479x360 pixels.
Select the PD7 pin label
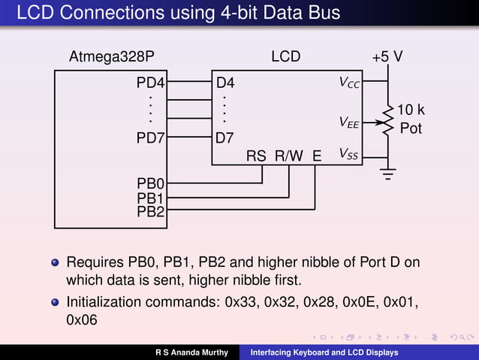(x=150, y=138)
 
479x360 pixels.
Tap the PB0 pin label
(x=151, y=183)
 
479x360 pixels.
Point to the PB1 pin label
(x=151, y=198)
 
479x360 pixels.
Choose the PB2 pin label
(x=151, y=211)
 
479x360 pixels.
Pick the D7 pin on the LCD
(x=224, y=138)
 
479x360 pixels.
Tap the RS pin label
(x=256, y=156)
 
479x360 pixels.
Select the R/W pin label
(x=289, y=156)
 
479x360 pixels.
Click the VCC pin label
(x=349, y=82)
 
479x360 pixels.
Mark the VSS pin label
(x=348, y=155)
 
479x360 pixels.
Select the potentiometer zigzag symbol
(x=388, y=120)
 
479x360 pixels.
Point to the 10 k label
(x=411, y=110)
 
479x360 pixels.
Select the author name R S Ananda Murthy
(x=191, y=352)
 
